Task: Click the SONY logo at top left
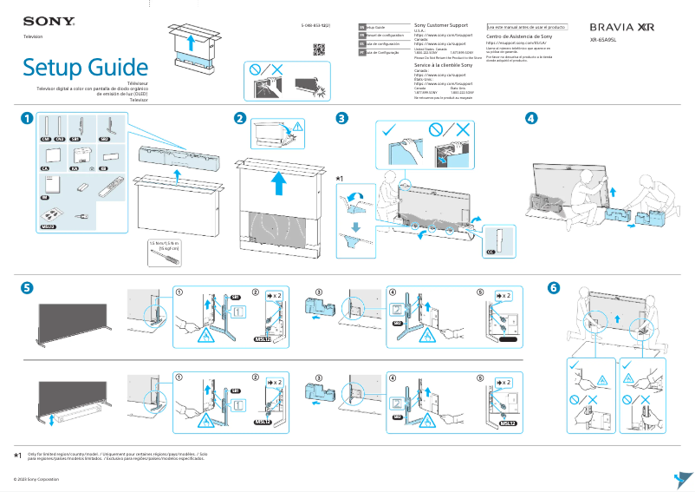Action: click(x=42, y=21)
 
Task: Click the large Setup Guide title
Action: click(x=85, y=67)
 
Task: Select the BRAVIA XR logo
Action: click(x=622, y=28)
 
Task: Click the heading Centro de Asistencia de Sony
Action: click(x=519, y=36)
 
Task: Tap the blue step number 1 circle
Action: click(x=28, y=118)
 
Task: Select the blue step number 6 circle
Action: click(x=554, y=287)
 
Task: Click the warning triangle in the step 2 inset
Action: click(x=299, y=128)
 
